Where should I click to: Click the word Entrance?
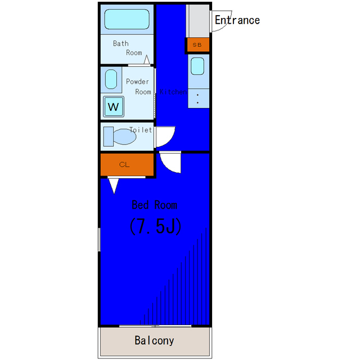237,20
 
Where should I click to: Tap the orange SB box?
197,45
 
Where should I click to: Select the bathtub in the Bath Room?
127,20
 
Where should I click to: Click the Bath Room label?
128,48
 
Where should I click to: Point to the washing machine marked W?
114,106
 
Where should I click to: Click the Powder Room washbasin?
111,80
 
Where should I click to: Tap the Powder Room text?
138,87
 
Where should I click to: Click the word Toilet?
141,130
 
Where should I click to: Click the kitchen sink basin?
197,66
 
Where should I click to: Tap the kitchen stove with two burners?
197,99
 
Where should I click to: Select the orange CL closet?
127,164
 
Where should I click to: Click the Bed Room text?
154,205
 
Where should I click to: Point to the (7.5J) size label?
154,226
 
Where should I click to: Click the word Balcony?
154,341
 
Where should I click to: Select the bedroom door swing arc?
170,163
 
